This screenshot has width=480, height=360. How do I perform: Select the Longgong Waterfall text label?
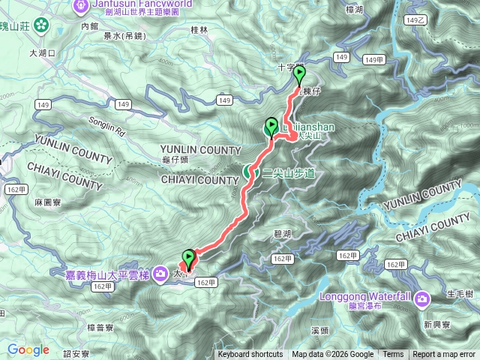tap(367, 296)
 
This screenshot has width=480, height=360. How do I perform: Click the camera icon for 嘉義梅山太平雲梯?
tap(160, 274)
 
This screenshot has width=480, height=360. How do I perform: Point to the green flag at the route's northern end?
tap(299, 73)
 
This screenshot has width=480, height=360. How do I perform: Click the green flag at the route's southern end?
tap(188, 258)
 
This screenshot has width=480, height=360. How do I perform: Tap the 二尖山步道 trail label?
tap(289, 172)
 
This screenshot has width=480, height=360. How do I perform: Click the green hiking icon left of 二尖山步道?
tap(250, 172)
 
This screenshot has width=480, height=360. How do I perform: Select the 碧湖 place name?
tap(282, 234)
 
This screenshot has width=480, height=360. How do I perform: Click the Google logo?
tap(28, 349)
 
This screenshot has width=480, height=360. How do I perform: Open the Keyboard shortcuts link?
tap(250, 355)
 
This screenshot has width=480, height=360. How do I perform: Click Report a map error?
tap(444, 355)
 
